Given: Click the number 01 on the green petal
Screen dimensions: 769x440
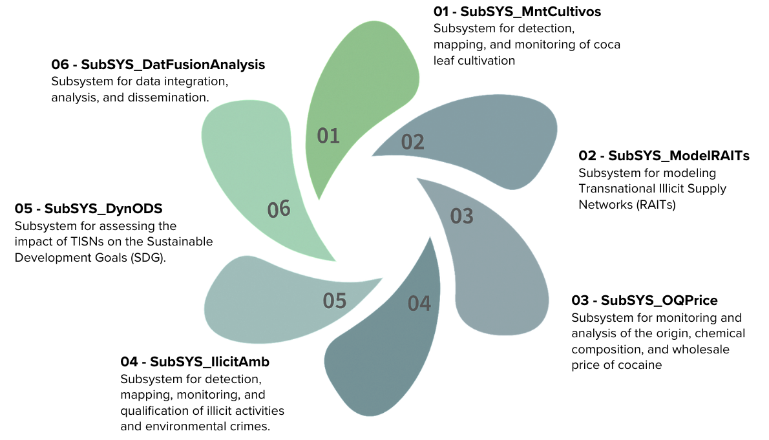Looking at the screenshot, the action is pyautogui.click(x=328, y=136).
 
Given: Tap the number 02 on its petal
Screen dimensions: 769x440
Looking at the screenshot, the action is pyautogui.click(x=412, y=142).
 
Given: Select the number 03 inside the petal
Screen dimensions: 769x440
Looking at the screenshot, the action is pyautogui.click(x=461, y=216).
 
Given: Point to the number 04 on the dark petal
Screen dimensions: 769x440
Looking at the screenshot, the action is pyautogui.click(x=419, y=304).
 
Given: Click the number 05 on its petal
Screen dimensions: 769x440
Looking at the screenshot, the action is pyautogui.click(x=335, y=300).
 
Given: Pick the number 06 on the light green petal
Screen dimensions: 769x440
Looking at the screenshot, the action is pyautogui.click(x=279, y=209).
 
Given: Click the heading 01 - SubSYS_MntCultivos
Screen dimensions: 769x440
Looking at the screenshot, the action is pyautogui.click(x=517, y=12).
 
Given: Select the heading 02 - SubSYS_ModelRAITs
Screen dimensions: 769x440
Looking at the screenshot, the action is pyautogui.click(x=664, y=156).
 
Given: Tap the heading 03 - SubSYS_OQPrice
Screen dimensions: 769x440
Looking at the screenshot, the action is pyautogui.click(x=644, y=300).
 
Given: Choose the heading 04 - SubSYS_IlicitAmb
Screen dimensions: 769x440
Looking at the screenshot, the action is pyautogui.click(x=195, y=362).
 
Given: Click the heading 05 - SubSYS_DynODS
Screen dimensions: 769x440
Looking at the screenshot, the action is pyautogui.click(x=89, y=209).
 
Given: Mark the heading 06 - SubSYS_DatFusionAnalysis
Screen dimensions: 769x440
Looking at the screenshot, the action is pyautogui.click(x=158, y=65).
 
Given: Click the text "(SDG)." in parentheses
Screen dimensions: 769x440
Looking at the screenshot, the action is pyautogui.click(x=149, y=258).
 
